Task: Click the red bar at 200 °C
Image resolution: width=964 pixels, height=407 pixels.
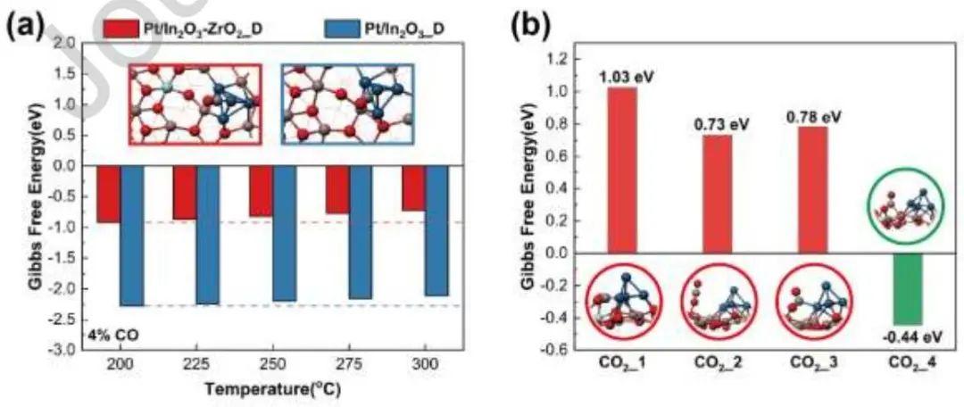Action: pyautogui.click(x=108, y=194)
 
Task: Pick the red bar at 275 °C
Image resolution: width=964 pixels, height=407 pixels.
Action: pyautogui.click(x=337, y=189)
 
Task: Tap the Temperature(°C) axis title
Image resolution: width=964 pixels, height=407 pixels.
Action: pyautogui.click(x=272, y=389)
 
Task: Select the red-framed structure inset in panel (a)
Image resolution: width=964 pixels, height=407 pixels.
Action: pyautogui.click(x=194, y=103)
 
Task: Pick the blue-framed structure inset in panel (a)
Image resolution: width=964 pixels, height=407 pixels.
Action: pyautogui.click(x=348, y=103)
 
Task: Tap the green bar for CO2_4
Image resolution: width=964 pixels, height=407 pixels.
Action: pyautogui.click(x=907, y=289)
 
